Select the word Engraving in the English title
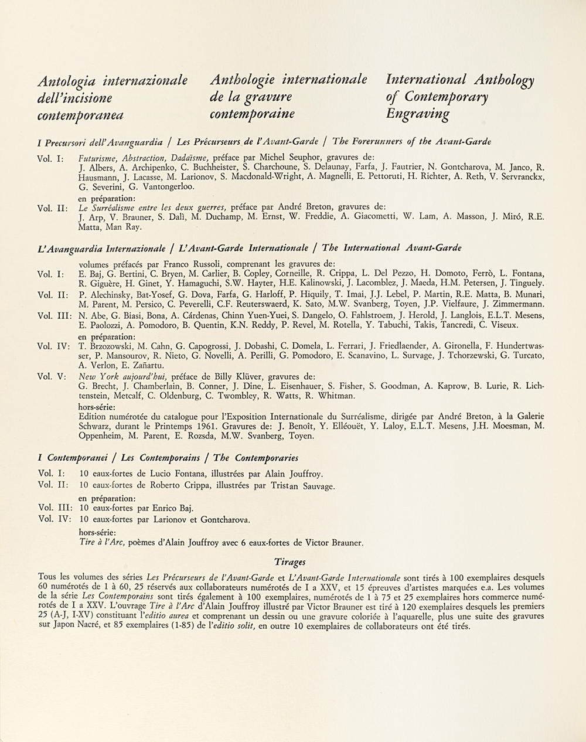417,114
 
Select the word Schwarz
95,426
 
